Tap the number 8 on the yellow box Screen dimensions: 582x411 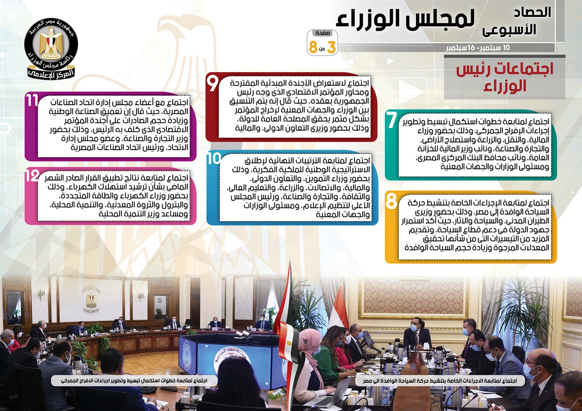[x=391, y=201]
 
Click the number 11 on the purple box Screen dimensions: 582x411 [x=32, y=100]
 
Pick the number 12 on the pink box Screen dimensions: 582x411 [x=32, y=176]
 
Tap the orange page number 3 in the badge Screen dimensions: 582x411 [x=331, y=48]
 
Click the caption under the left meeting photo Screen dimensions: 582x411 [x=134, y=381]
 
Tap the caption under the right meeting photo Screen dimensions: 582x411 [x=440, y=381]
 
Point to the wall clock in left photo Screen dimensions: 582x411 [x=160, y=300]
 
